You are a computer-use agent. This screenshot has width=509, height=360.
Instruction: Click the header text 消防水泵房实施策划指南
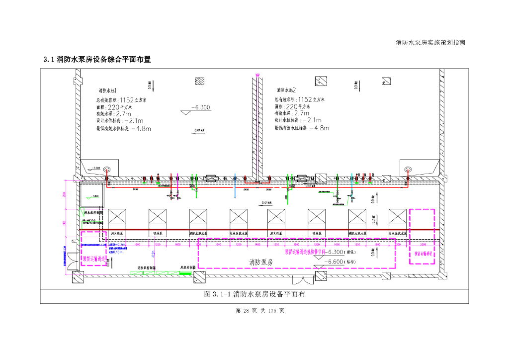pyautogui.click(x=430, y=43)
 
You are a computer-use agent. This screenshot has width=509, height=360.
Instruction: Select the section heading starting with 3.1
pyautogui.click(x=97, y=60)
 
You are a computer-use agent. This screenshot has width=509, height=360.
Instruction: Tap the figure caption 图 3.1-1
pyautogui.click(x=254, y=294)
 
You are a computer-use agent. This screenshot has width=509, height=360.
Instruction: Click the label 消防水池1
pyautogui.click(x=107, y=91)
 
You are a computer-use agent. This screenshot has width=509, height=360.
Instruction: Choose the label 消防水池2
pyautogui.click(x=286, y=90)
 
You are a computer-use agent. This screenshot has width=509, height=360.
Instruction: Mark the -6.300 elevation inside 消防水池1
pyautogui.click(x=201, y=107)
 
